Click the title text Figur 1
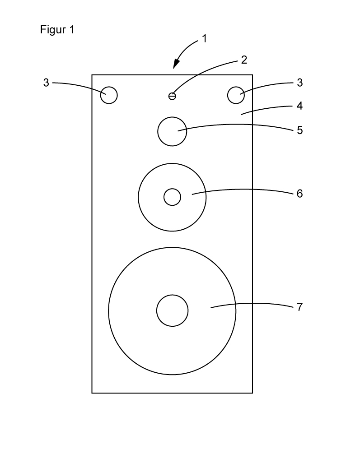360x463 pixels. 57,31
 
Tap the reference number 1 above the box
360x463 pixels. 204,39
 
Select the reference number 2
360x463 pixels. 244,60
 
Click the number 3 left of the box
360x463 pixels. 46,83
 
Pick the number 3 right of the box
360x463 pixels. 300,83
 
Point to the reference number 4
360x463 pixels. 300,106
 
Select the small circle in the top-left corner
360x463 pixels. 109,95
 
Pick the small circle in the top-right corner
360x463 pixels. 236,95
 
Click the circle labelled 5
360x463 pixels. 172,131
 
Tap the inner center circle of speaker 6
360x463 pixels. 172,197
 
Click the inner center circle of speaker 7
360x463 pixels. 172,311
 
